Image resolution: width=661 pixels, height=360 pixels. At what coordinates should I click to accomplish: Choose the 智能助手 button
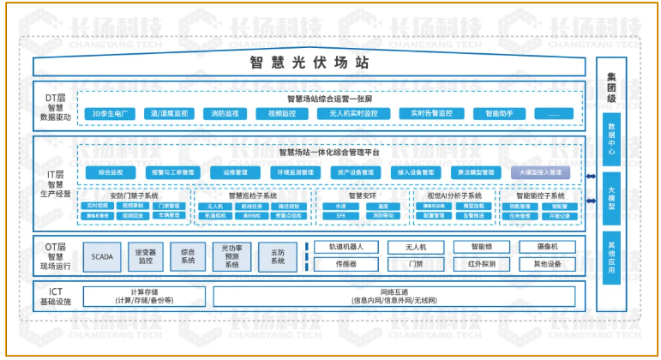(x=498, y=113)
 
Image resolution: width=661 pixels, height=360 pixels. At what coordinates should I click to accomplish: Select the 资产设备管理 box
(x=357, y=171)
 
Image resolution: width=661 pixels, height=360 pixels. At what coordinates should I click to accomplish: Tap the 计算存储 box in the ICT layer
(x=144, y=297)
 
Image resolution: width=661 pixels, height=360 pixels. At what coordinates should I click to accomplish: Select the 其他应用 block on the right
(x=611, y=255)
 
